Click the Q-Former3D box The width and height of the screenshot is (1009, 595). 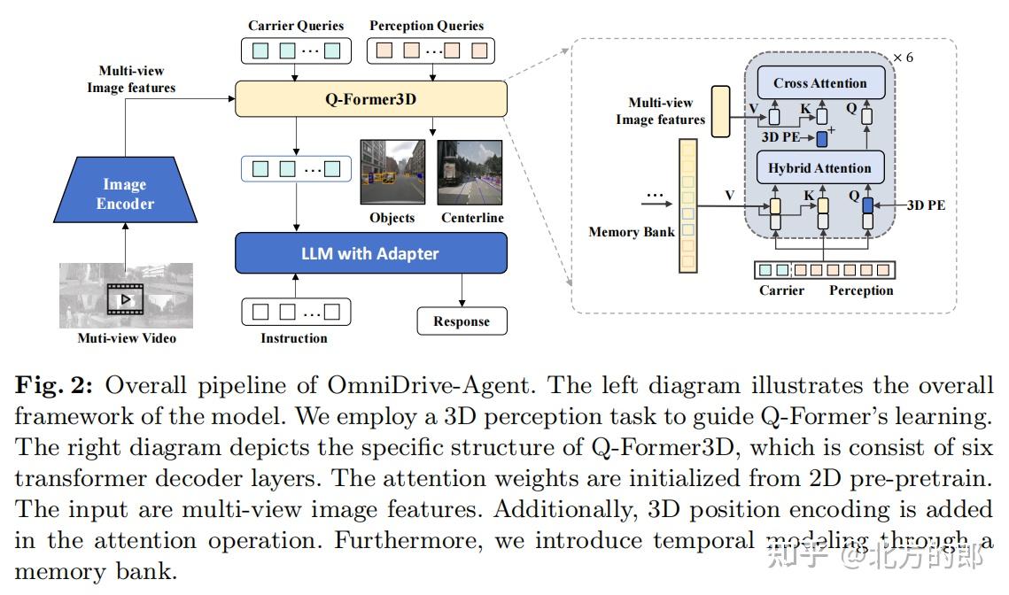pyautogui.click(x=370, y=99)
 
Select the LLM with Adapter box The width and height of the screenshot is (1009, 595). pyautogui.click(x=370, y=253)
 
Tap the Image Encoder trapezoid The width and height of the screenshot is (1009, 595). pyautogui.click(x=124, y=195)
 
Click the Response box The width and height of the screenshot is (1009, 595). pyautogui.click(x=462, y=321)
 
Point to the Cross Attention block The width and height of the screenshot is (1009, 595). pyautogui.click(x=820, y=83)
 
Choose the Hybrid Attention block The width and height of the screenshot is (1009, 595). pyautogui.click(x=820, y=168)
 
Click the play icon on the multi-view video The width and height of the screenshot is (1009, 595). pyautogui.click(x=125, y=298)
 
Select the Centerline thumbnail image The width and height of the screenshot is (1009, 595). pyautogui.click(x=470, y=173)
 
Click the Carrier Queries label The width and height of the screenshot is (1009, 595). pyautogui.click(x=295, y=26)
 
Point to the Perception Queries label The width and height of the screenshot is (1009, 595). pyautogui.click(x=426, y=26)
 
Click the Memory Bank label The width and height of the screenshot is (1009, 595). pyautogui.click(x=631, y=232)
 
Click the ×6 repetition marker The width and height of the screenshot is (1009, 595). pyautogui.click(x=902, y=58)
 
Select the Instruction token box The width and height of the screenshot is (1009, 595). pyautogui.click(x=295, y=312)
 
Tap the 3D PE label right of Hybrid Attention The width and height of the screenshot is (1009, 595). pyautogui.click(x=925, y=205)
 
